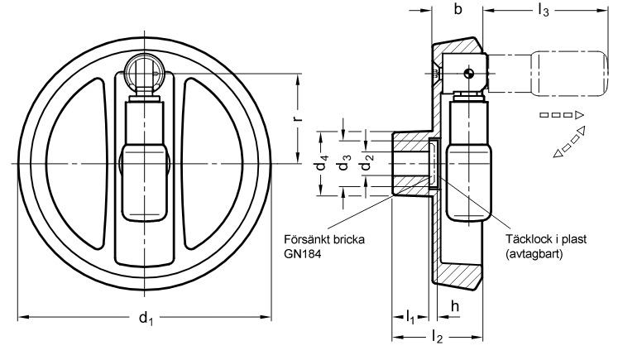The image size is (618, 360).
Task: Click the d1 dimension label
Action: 146,318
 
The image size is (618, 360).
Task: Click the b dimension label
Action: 458,8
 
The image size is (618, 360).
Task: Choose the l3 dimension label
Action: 543,11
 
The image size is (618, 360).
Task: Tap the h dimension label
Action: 455,306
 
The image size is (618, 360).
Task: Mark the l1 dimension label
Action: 410,317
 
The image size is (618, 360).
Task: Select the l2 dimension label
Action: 437,338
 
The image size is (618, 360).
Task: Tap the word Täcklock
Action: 528,239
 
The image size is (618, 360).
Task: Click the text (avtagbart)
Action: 534,254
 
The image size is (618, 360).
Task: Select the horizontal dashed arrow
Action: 561,115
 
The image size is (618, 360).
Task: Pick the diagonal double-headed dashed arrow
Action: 568,142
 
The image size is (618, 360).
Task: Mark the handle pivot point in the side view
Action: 469,72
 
